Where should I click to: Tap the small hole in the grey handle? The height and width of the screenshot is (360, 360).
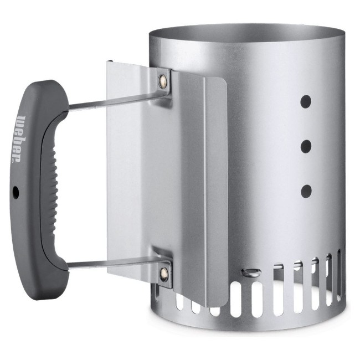(x=16, y=191)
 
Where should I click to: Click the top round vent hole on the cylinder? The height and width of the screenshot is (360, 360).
(x=306, y=101)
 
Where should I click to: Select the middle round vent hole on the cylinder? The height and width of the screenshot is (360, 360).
(x=306, y=146)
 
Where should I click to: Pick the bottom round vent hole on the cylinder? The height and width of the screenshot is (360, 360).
(x=306, y=191)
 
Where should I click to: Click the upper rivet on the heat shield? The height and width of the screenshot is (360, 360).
(x=163, y=80)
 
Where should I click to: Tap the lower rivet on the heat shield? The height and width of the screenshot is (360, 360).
(x=164, y=274)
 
